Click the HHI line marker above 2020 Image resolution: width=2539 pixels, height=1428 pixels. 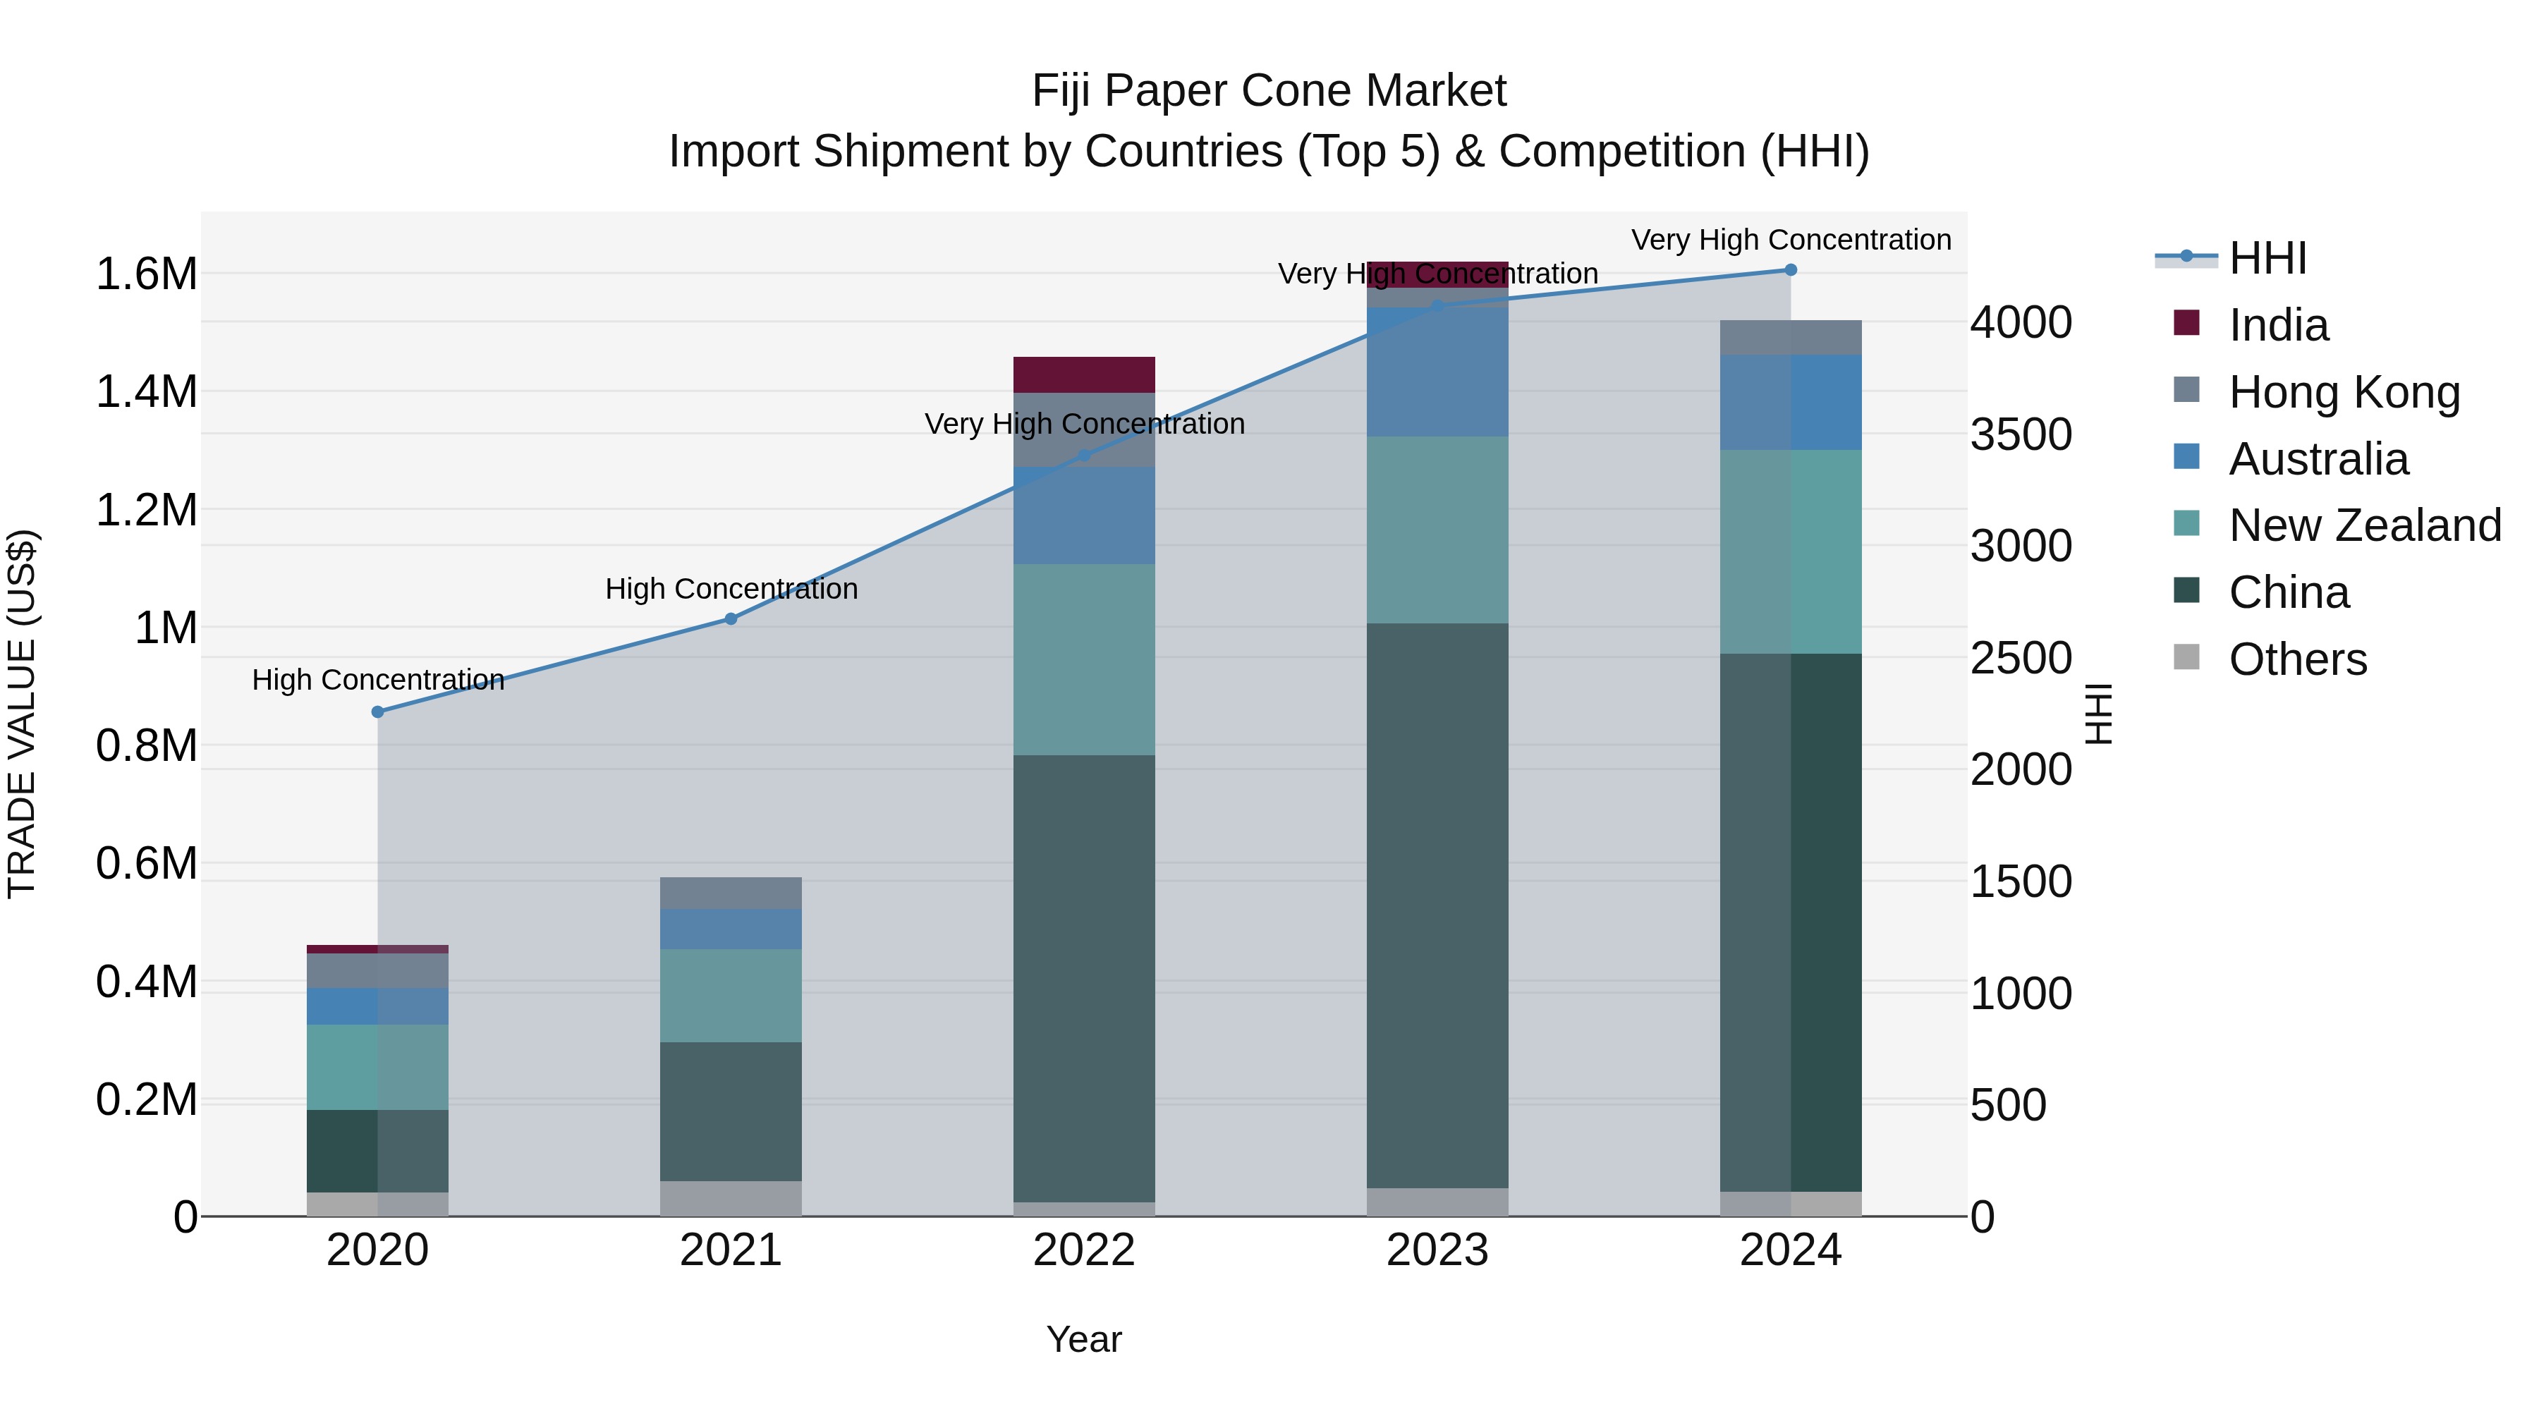pyautogui.click(x=377, y=712)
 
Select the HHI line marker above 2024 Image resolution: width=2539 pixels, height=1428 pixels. pyautogui.click(x=1791, y=270)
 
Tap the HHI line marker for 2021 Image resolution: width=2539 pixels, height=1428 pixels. pyautogui.click(x=731, y=619)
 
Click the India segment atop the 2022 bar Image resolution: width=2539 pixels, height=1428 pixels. pyautogui.click(x=1084, y=374)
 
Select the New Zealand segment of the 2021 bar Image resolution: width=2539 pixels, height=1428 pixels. pyautogui.click(x=731, y=995)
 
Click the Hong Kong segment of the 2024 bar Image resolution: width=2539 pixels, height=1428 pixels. pyautogui.click(x=1791, y=337)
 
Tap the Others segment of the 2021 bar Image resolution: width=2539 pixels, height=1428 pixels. pyautogui.click(x=731, y=1197)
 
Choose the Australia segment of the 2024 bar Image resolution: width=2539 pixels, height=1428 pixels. pyautogui.click(x=1791, y=402)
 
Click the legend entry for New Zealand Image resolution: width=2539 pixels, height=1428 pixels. pyautogui.click(x=2363, y=525)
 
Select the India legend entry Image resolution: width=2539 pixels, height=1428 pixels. pyautogui.click(x=2278, y=325)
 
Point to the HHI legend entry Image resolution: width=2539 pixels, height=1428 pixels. pyautogui.click(x=2266, y=258)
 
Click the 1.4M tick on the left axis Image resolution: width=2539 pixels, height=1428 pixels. pyautogui.click(x=146, y=392)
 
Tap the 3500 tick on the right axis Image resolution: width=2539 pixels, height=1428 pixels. pyautogui.click(x=2021, y=434)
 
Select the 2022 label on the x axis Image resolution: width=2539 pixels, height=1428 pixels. pyautogui.click(x=1084, y=1250)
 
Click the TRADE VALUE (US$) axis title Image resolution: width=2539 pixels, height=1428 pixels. pyautogui.click(x=22, y=714)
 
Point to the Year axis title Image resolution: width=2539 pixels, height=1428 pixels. pyautogui.click(x=1084, y=1339)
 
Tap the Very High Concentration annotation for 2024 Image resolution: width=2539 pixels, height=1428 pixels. pyautogui.click(x=1791, y=240)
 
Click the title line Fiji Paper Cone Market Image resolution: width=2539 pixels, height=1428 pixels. pyautogui.click(x=1269, y=91)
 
